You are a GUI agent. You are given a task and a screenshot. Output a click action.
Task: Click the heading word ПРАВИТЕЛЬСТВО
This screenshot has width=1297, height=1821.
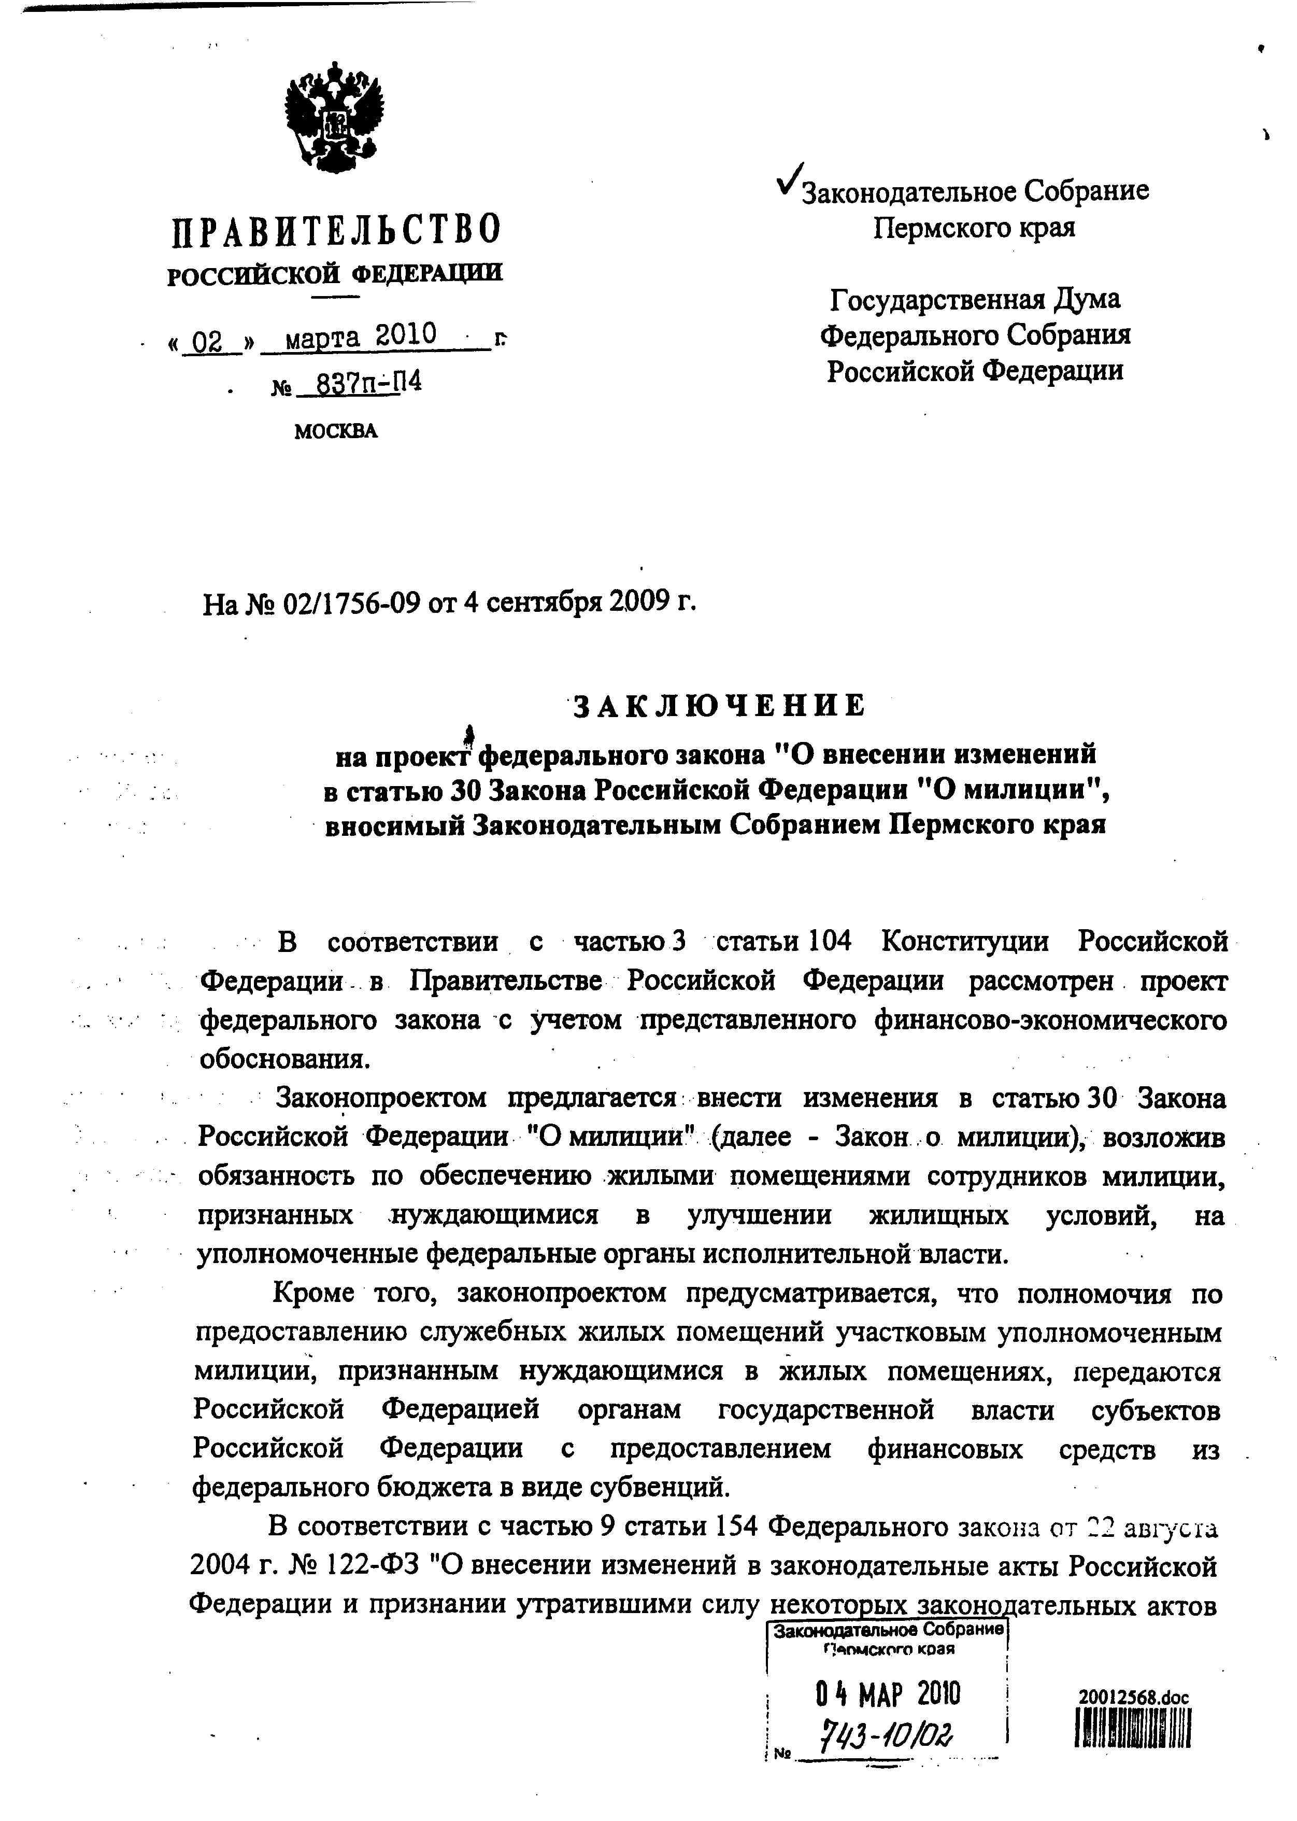(x=336, y=229)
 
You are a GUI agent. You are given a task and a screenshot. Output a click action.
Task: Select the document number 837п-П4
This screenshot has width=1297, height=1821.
(x=368, y=384)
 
